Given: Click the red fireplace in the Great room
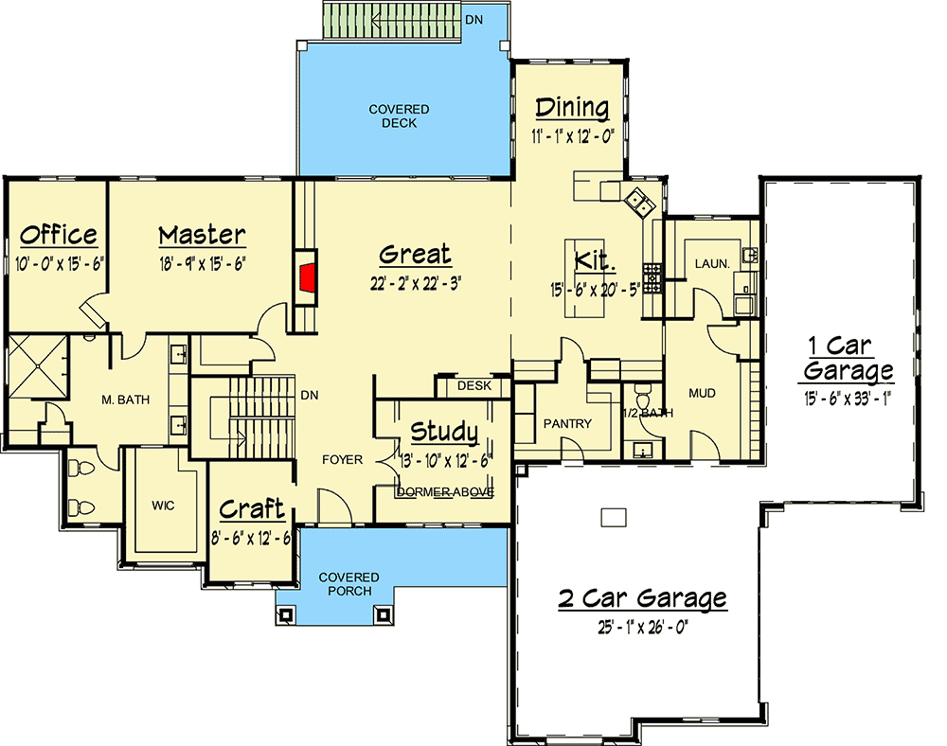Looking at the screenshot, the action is click(x=309, y=278).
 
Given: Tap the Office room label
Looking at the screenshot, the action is click(x=59, y=235).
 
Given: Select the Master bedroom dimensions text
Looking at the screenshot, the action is click(x=203, y=264).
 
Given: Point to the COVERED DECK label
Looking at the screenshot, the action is click(x=400, y=115).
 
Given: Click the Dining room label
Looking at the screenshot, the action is click(x=573, y=109).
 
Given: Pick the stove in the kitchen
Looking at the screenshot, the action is click(x=652, y=278).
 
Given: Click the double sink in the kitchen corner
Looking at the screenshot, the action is click(x=639, y=203).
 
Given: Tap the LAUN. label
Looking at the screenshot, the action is click(x=712, y=264).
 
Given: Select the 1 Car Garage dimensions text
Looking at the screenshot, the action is click(x=849, y=399).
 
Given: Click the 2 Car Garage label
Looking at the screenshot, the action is click(x=643, y=598).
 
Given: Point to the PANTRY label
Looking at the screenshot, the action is click(x=567, y=424).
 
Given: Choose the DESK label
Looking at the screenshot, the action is click(x=474, y=385).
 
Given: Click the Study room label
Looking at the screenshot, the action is click(x=444, y=432).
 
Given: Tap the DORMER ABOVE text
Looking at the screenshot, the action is click(x=445, y=492).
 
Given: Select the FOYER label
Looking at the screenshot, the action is click(x=343, y=460).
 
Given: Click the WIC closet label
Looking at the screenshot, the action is click(x=163, y=506).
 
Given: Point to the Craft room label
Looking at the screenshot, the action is click(x=251, y=509).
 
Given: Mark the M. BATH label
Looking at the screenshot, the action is click(x=126, y=400).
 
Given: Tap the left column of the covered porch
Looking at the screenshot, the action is click(x=286, y=615).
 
